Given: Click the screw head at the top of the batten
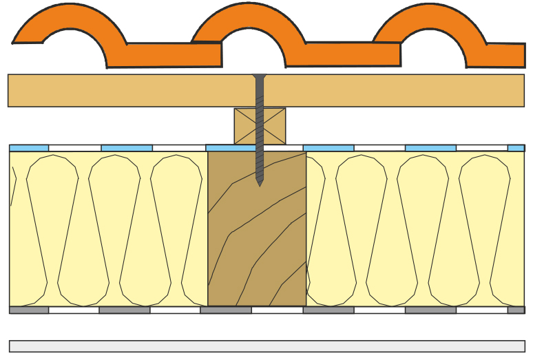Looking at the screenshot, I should click(x=259, y=77).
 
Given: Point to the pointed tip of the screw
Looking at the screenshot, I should click(x=260, y=182).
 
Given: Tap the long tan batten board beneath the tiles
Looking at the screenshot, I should click(x=138, y=90).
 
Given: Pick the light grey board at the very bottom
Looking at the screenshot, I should click(x=266, y=346).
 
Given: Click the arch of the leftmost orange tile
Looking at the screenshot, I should click(x=69, y=18).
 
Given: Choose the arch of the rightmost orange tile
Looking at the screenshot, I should click(x=430, y=18).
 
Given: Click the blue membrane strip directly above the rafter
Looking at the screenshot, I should click(x=231, y=148).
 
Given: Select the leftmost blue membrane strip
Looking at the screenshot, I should click(x=29, y=148).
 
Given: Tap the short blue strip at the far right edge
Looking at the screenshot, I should click(x=516, y=148).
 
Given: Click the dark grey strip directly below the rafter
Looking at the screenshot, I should click(x=226, y=310).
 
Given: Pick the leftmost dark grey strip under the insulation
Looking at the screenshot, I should click(x=29, y=310).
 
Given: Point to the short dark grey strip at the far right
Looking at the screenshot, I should click(x=516, y=310).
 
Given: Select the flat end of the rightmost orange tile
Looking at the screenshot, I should click(x=506, y=55).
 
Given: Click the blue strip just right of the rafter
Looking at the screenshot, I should click(x=328, y=148).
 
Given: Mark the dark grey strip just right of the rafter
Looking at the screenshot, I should click(x=328, y=310).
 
